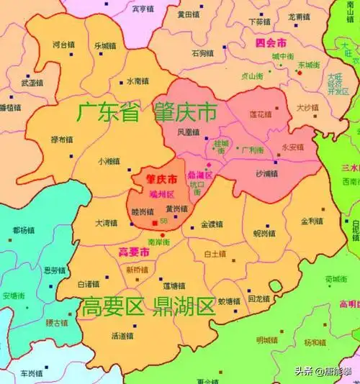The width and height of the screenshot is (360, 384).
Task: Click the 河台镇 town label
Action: pyautogui.click(x=63, y=45)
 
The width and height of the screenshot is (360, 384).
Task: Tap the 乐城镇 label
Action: pyautogui.click(x=105, y=45)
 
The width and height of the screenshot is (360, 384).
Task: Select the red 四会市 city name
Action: pyautogui.click(x=271, y=42)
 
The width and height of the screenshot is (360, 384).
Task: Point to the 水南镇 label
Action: pyautogui.click(x=138, y=81)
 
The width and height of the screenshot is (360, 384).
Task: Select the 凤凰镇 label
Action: pyautogui.click(x=186, y=132)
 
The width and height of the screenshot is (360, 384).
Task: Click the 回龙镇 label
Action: pyautogui.click(x=258, y=298)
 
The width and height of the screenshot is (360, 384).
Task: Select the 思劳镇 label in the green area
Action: pyautogui.click(x=54, y=270)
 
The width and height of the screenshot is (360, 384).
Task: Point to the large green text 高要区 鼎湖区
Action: pyautogui.click(x=148, y=307)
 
